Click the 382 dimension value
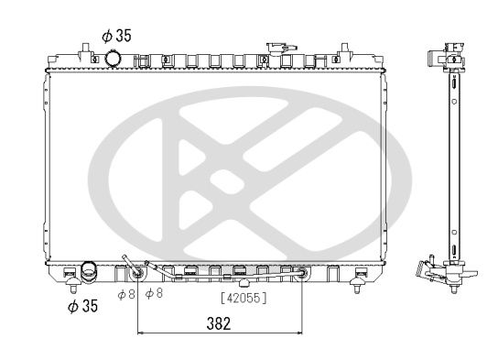click(x=218, y=322)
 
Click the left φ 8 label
click(x=125, y=293)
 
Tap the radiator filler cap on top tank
click(x=276, y=48)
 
